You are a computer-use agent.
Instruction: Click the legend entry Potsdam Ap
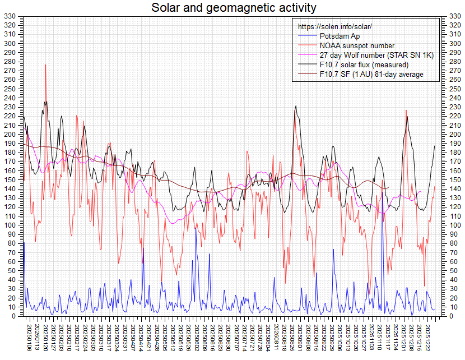coord(340,36)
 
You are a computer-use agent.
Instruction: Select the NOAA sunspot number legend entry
coord(357,45)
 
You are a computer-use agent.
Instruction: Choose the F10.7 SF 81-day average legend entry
coord(371,74)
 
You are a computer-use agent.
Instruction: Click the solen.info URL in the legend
coord(335,26)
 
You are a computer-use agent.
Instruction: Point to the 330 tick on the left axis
coord(10,16)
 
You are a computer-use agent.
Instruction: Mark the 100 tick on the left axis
coord(10,225)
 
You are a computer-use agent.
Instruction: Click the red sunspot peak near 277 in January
coord(46,65)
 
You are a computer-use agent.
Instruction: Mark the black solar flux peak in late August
coord(295,106)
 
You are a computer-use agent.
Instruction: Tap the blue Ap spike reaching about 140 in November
coord(382,190)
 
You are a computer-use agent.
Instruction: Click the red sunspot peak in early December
coord(406,110)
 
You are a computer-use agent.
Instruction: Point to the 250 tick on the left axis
coord(10,89)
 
